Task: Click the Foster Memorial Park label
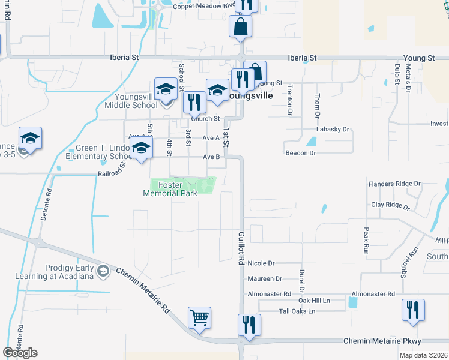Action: click(x=170, y=190)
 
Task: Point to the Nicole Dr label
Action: click(x=261, y=263)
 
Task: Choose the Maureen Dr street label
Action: click(x=264, y=278)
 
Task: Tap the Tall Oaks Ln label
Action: click(x=297, y=311)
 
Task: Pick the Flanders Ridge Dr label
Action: click(x=394, y=184)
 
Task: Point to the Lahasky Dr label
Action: click(x=333, y=129)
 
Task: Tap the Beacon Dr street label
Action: click(x=300, y=153)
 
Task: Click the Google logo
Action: click(x=20, y=353)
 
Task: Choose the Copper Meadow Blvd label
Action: click(x=202, y=6)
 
